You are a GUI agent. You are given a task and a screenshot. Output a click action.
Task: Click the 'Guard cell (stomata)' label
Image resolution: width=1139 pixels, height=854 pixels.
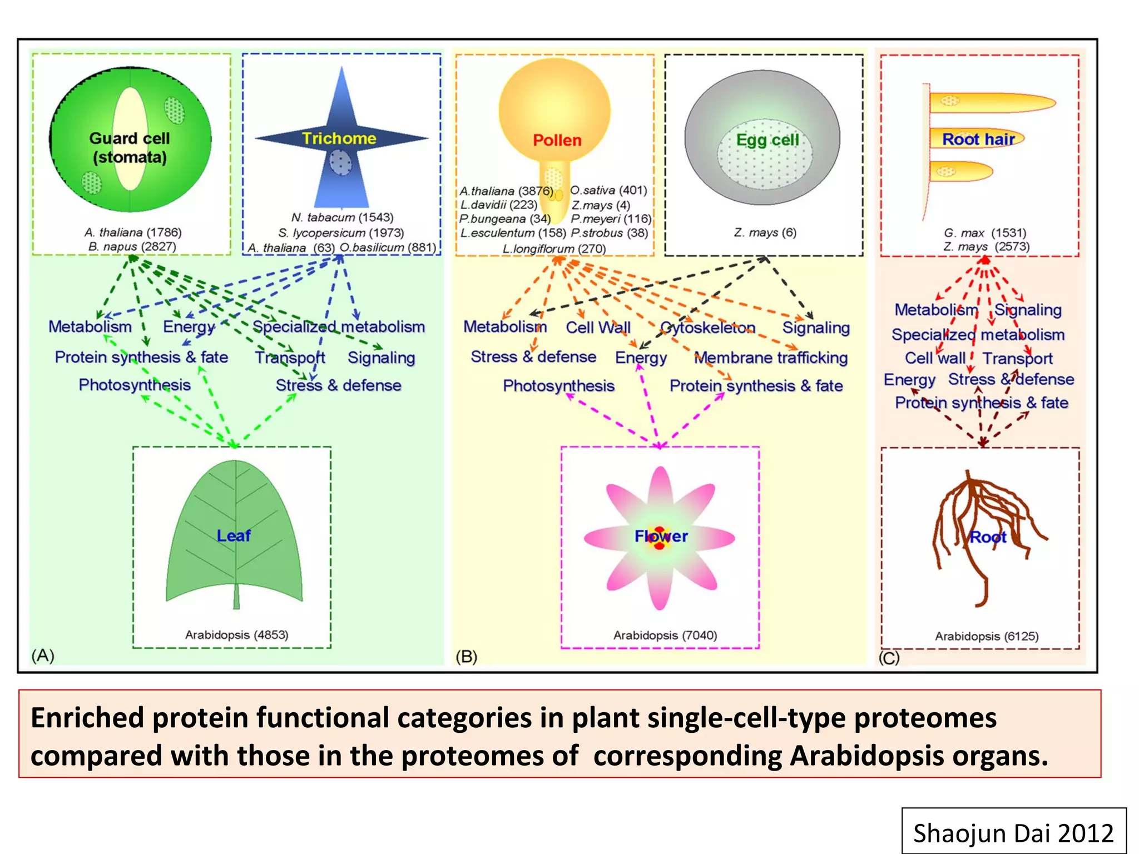(x=130, y=148)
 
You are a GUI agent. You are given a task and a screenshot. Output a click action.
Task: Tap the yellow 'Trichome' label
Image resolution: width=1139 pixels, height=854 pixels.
(x=339, y=138)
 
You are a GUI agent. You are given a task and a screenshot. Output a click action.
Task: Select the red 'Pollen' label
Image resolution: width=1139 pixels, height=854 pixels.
(x=557, y=140)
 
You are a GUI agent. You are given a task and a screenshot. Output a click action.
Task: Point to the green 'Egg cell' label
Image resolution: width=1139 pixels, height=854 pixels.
(x=767, y=140)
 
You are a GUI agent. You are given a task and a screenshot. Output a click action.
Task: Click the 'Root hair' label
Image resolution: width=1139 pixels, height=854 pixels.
(x=978, y=139)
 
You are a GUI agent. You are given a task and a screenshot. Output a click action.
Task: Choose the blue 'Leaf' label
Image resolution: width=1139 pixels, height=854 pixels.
(x=234, y=535)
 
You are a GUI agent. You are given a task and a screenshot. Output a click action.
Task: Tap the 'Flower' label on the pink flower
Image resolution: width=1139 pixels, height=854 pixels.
(x=661, y=536)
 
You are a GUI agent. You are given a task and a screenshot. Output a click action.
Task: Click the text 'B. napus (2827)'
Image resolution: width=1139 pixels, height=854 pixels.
(x=132, y=246)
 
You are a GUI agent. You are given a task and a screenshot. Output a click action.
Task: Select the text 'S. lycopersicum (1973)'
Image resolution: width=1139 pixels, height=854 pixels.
(x=341, y=232)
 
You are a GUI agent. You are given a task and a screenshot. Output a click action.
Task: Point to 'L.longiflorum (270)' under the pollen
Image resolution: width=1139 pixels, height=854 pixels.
(x=554, y=249)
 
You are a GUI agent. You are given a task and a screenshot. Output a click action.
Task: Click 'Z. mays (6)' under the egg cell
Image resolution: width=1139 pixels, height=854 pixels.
(x=765, y=232)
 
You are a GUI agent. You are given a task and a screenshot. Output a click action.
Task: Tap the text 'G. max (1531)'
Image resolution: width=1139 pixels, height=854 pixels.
(x=985, y=232)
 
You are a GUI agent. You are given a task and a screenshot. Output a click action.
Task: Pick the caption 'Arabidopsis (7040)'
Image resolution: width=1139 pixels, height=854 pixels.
(x=665, y=635)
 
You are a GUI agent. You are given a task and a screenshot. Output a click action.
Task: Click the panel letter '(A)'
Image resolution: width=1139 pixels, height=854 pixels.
(x=43, y=656)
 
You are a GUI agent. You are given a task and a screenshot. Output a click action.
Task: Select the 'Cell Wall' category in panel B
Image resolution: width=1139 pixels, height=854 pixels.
(x=598, y=327)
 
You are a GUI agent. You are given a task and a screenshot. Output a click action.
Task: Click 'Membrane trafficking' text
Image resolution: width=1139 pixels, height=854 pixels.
(x=771, y=358)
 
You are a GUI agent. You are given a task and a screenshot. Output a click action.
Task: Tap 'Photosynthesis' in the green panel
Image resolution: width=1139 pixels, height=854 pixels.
(x=135, y=385)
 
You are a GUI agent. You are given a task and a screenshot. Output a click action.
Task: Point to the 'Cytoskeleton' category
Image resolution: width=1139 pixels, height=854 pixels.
(x=707, y=327)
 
